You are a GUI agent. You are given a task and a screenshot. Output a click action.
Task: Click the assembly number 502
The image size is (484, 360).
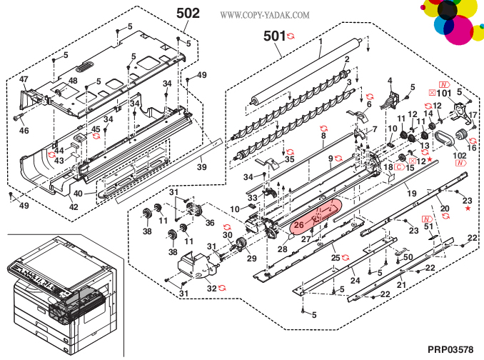coord(188,13)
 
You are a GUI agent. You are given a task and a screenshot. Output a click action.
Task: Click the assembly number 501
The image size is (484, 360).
coord(275,35)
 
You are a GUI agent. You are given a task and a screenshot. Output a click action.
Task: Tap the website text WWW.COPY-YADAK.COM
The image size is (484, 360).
coord(265,15)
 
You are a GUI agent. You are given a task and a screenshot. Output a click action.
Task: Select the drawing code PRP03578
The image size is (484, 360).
coord(450,349)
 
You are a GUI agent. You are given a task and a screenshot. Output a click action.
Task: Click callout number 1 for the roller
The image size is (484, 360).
coord(321,41)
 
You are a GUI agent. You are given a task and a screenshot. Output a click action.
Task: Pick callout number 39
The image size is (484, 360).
coord(202,167)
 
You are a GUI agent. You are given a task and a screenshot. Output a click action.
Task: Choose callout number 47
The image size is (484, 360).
coord(24,79)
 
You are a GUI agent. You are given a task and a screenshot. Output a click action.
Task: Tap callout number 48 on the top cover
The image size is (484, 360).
coord(73,81)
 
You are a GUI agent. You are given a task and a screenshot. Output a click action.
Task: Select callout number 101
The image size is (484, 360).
coord(444,93)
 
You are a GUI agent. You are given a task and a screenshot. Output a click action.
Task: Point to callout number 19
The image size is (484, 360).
coord(411,193)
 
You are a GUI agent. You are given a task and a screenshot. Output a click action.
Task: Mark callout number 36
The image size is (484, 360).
coord(210,223)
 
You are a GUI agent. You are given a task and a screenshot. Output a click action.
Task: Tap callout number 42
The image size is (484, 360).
coord(74,207)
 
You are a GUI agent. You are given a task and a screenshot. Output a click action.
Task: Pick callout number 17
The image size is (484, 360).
coord(473,116)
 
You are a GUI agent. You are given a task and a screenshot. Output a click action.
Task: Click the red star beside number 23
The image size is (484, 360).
coord(468,209)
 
